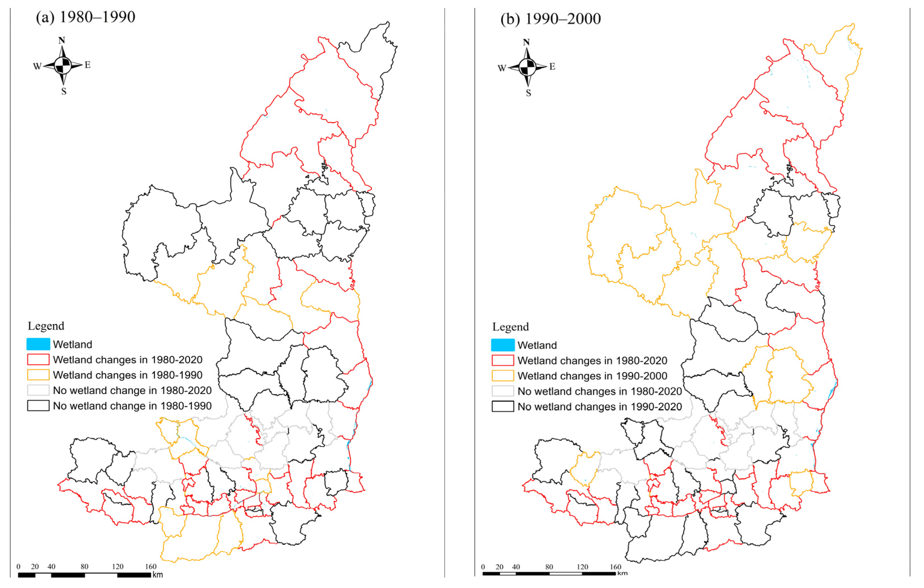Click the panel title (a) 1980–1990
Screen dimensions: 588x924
click(x=85, y=17)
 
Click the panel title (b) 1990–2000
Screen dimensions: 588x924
click(x=550, y=19)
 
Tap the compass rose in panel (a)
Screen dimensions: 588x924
click(x=63, y=65)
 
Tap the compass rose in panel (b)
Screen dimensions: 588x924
click(x=528, y=67)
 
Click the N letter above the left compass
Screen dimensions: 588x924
click(x=61, y=40)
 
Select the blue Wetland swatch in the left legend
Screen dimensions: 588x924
click(x=38, y=344)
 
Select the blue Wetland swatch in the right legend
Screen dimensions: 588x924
click(x=503, y=345)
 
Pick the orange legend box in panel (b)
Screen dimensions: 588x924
click(x=503, y=376)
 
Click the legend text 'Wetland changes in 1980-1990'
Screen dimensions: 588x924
click(x=127, y=375)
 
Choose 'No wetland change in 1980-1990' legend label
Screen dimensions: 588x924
click(x=132, y=406)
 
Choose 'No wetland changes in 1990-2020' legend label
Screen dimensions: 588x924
click(x=599, y=406)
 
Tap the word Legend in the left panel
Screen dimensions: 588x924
click(x=46, y=326)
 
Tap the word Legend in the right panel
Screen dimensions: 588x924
click(x=510, y=327)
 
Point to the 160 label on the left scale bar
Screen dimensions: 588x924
click(x=150, y=566)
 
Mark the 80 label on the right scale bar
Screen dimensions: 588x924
click(x=549, y=567)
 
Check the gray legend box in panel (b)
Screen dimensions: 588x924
click(x=503, y=391)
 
